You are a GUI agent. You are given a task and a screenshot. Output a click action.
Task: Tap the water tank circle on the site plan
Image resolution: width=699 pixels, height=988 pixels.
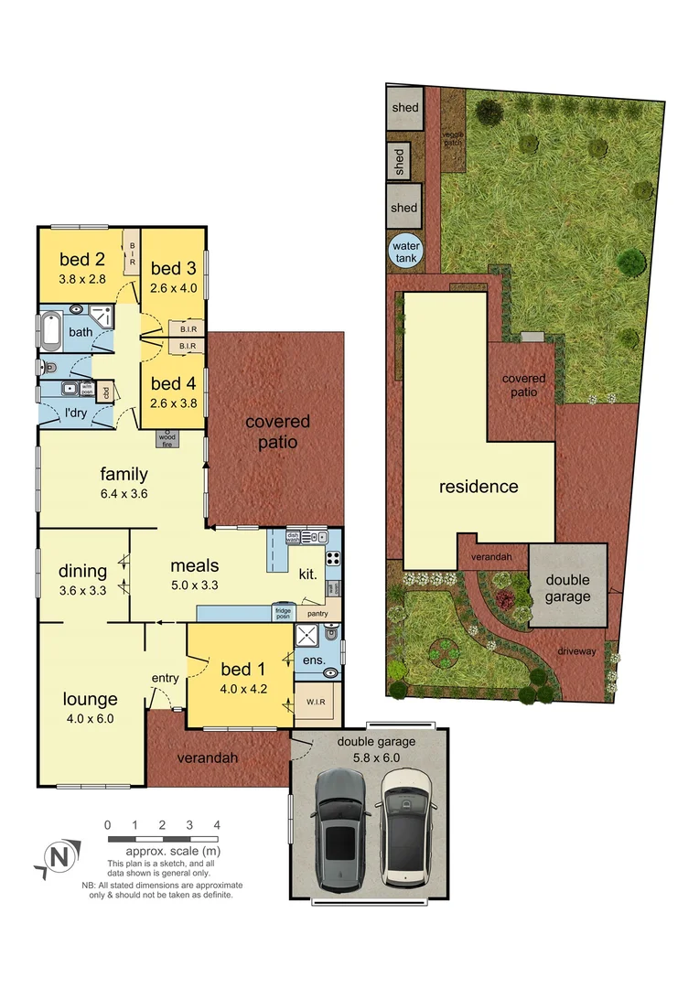point(404,252)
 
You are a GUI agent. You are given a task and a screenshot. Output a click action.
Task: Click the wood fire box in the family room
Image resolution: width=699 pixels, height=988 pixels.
point(168,438)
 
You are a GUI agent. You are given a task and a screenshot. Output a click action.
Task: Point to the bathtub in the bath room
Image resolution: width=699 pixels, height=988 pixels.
point(50,330)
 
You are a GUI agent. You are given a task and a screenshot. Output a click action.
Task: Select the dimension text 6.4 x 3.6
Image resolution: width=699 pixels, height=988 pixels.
point(124,494)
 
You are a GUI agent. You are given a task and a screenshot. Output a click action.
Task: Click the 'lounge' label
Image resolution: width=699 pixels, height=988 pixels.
point(90,700)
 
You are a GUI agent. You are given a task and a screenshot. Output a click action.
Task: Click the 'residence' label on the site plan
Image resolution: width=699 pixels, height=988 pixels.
point(479,487)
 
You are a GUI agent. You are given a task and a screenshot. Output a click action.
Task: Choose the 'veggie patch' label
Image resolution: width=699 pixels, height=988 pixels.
point(454,138)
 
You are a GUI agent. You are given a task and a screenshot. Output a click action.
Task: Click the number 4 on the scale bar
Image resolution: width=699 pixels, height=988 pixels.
point(217,825)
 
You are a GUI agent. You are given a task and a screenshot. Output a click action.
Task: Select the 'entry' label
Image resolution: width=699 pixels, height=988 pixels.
point(166,678)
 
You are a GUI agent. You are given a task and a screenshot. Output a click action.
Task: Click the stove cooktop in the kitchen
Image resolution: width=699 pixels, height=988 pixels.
point(333,558)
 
